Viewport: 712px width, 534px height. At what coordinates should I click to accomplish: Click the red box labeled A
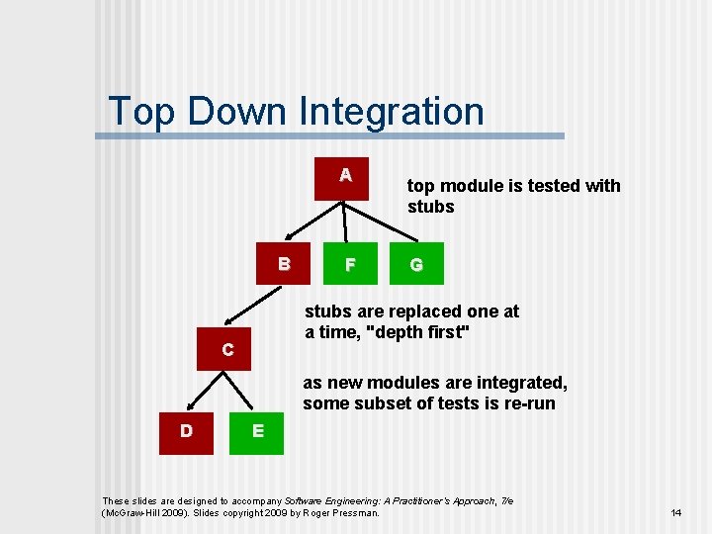click(x=345, y=178)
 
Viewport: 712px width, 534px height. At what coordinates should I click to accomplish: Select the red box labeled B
click(x=284, y=264)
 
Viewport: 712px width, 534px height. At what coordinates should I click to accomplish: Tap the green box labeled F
click(x=349, y=264)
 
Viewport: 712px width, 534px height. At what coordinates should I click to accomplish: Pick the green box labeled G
click(x=416, y=264)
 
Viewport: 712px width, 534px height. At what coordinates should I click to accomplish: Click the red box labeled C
click(x=226, y=349)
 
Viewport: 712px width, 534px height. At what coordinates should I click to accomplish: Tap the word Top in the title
click(x=142, y=111)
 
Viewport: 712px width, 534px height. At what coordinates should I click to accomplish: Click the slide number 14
click(x=676, y=513)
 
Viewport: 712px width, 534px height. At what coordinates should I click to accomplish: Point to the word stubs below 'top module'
click(x=430, y=207)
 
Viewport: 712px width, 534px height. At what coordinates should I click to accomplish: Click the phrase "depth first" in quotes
click(x=418, y=332)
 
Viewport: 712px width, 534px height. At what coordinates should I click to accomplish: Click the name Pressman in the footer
click(x=356, y=513)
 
